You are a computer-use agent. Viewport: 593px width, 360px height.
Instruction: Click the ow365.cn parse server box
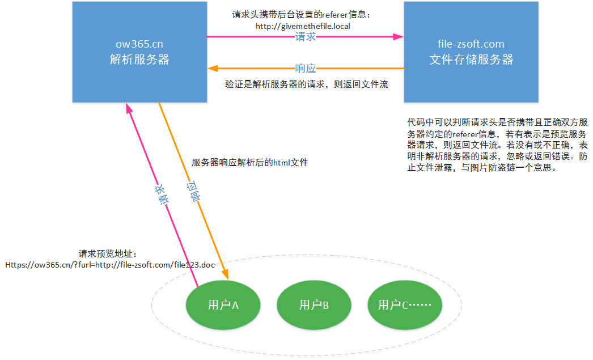pos(139,52)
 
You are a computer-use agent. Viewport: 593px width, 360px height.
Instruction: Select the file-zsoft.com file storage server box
pos(471,52)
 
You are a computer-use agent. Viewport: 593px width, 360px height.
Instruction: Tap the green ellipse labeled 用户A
pos(223,305)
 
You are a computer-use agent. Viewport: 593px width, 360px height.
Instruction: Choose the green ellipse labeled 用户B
pos(314,305)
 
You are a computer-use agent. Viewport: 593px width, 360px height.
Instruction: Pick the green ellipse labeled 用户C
pos(405,305)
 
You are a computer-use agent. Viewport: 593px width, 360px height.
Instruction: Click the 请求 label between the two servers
pos(306,37)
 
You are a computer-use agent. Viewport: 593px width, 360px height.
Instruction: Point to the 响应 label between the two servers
pos(306,69)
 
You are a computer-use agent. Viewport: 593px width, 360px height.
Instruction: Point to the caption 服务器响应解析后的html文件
pos(250,163)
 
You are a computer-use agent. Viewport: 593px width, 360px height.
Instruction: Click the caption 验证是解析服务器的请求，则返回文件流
pos(307,84)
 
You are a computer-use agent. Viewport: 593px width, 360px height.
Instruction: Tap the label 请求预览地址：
pos(108,254)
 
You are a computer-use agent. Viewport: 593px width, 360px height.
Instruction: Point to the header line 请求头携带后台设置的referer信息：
pos(305,15)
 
